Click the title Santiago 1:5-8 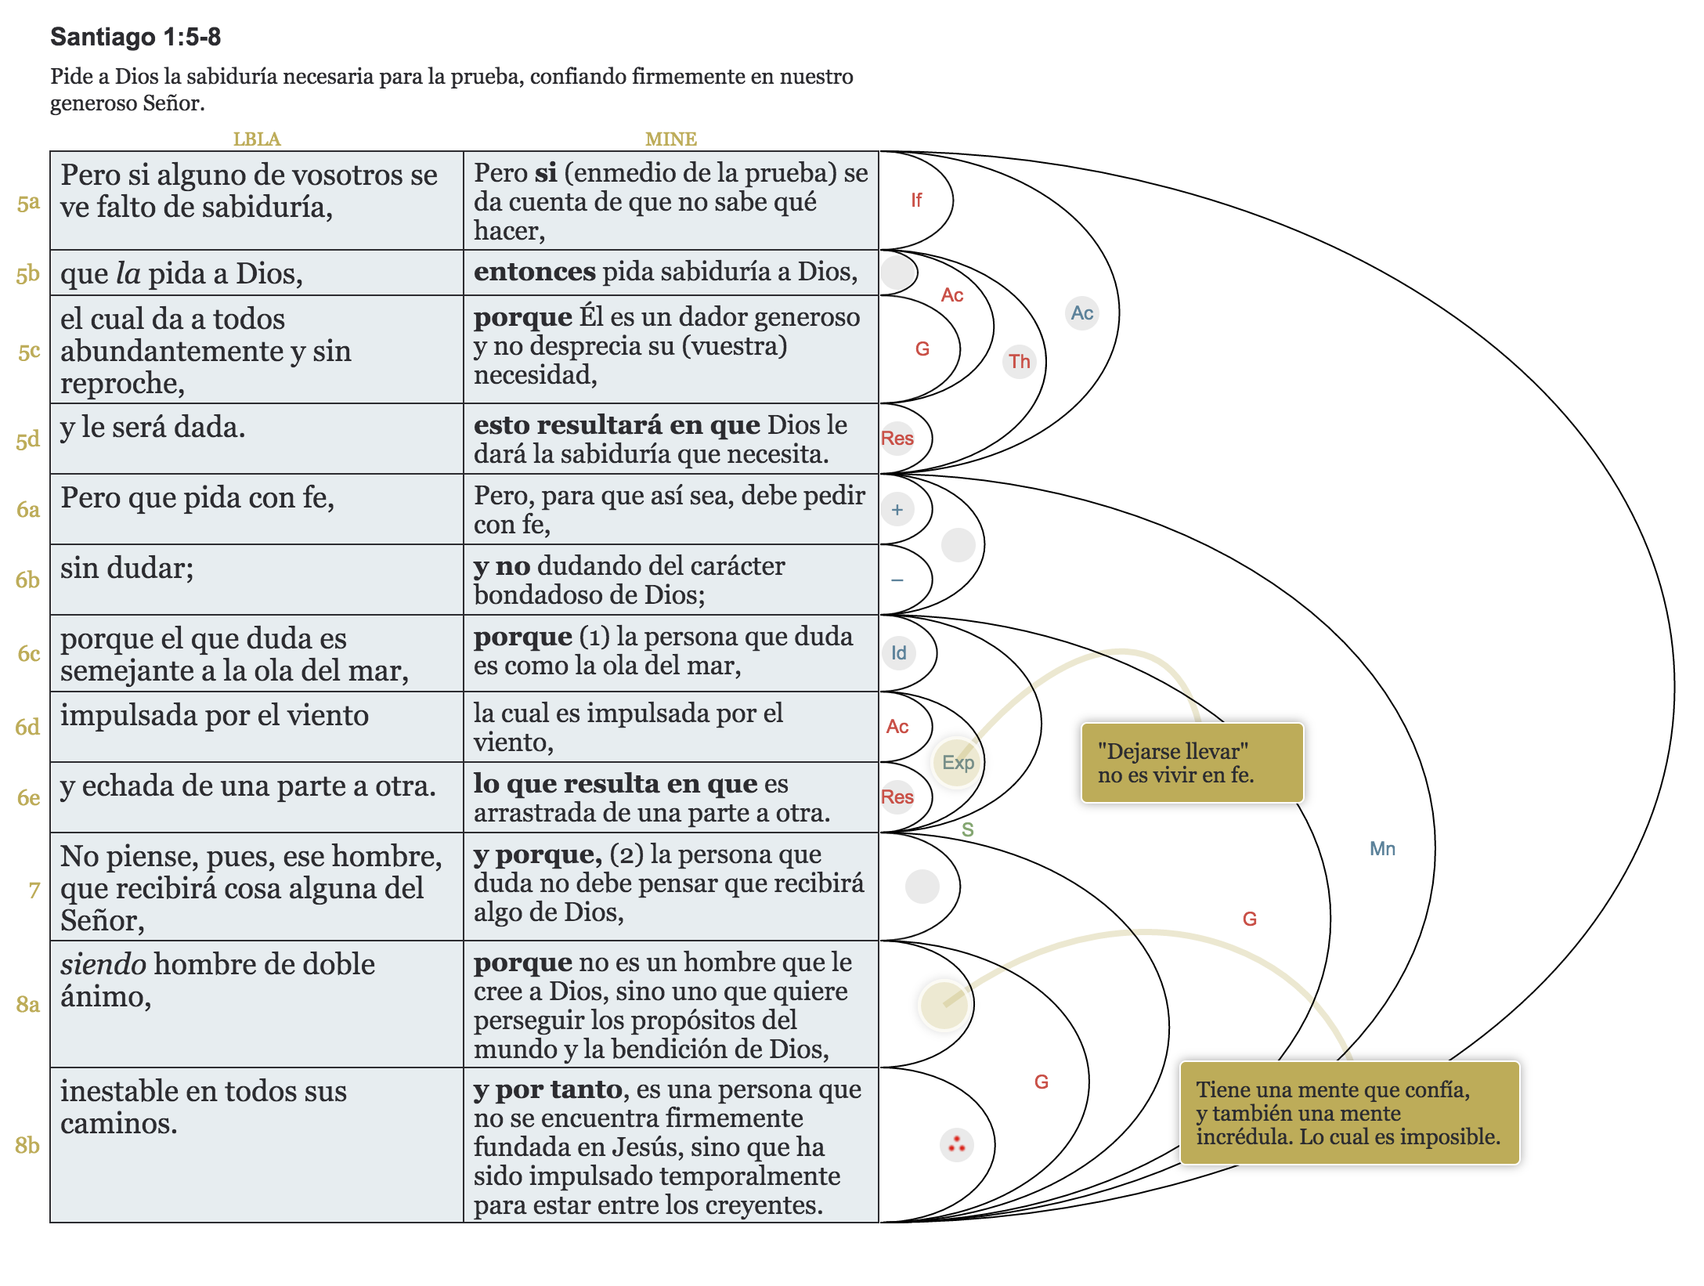coord(135,37)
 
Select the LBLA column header coord(257,139)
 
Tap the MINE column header coord(670,139)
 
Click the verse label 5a coord(28,203)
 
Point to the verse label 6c coord(28,653)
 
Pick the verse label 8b coord(27,1145)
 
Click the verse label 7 coord(34,890)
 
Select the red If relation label coord(915,200)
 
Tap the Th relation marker coord(1019,361)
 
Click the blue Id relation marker coord(898,652)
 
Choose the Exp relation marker coord(957,762)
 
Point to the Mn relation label coord(1382,848)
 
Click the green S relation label coord(968,829)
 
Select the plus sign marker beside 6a coord(897,510)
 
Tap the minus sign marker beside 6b coord(897,580)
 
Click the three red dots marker coord(956,1145)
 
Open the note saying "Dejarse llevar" coord(1191,763)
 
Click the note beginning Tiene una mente coord(1348,1113)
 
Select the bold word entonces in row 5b coord(534,272)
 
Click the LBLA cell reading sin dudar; coord(128,569)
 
